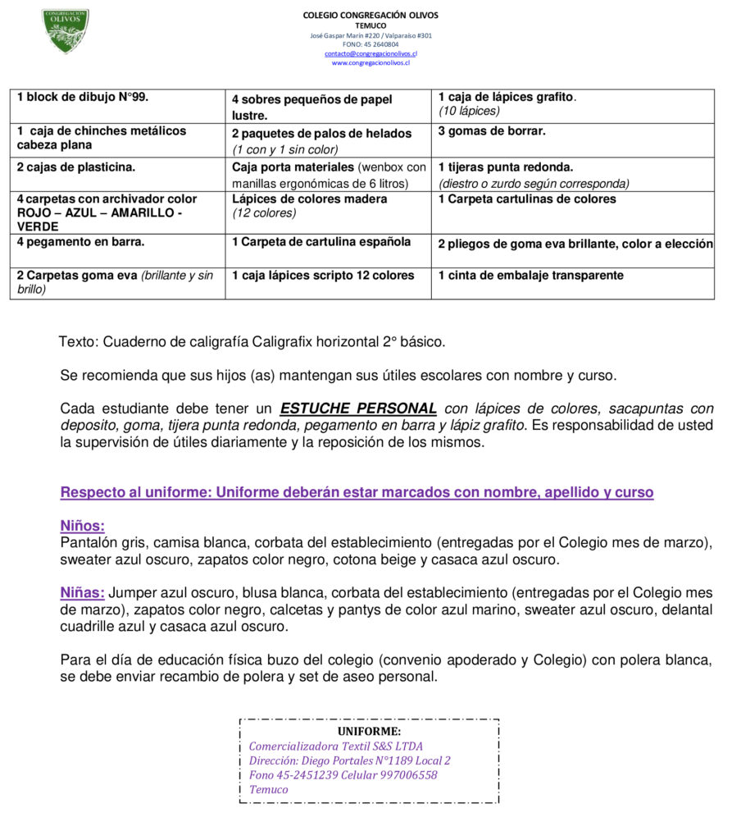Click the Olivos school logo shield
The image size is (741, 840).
pos(66,30)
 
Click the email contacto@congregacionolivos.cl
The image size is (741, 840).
pos(370,53)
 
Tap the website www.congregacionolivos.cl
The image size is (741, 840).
pos(370,62)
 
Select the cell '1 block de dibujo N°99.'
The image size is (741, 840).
pos(83,97)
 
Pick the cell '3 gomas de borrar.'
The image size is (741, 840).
pos(492,131)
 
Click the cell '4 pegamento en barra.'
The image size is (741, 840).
pos(80,242)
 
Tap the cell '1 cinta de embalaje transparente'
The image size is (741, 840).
pos(530,276)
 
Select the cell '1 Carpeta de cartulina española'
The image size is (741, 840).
pos(321,242)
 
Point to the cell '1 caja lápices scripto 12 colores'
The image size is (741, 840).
pos(323,276)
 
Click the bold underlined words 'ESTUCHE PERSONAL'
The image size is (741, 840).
pos(358,409)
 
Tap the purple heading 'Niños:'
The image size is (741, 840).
pos(82,527)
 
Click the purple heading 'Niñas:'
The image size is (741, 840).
pos(82,593)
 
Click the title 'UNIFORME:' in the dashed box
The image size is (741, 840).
pos(369,731)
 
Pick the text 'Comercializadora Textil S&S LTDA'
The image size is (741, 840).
pos(336,746)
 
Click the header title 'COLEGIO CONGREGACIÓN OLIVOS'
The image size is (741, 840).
pos(370,15)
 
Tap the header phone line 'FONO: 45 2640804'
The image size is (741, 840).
pos(370,44)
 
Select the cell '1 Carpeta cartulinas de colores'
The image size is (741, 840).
pos(527,199)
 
